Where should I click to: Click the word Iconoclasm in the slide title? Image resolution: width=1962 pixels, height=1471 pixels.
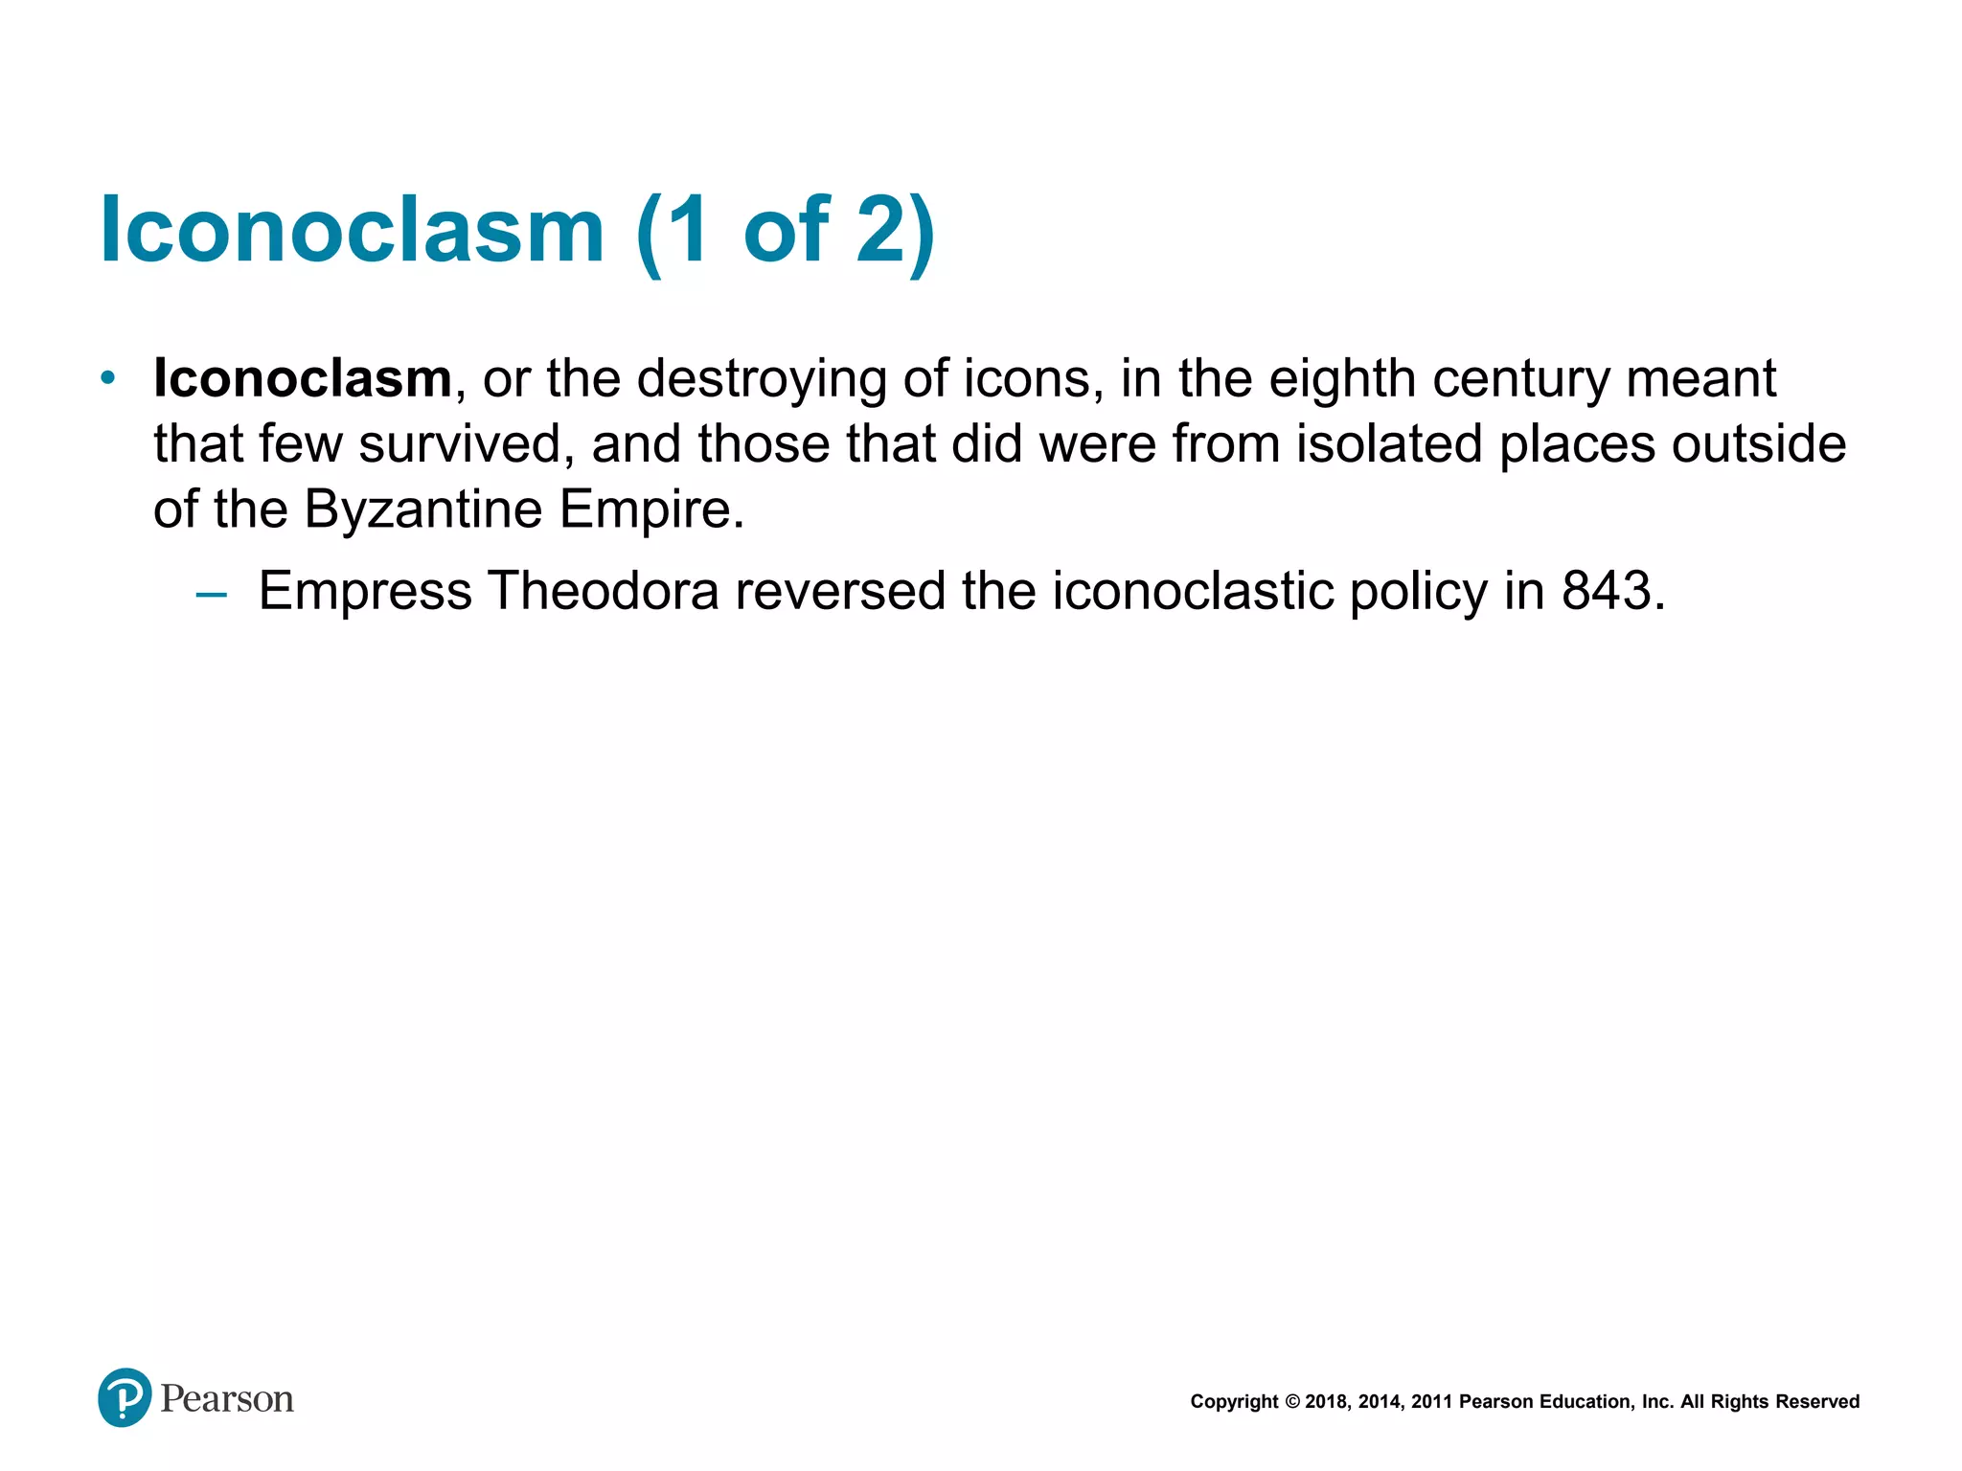(352, 230)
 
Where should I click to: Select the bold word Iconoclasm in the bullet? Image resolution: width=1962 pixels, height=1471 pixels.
(302, 378)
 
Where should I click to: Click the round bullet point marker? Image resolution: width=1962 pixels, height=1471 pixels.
(108, 377)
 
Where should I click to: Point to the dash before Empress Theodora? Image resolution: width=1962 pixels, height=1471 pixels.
(211, 595)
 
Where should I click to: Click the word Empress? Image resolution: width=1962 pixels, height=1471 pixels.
(365, 591)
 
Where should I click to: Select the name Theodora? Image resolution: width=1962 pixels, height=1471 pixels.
(604, 591)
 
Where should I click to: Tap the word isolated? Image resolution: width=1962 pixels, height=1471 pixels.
(1389, 443)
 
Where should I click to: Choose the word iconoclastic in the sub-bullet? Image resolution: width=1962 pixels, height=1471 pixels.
(1193, 591)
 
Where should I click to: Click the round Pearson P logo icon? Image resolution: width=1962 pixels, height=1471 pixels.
(125, 1398)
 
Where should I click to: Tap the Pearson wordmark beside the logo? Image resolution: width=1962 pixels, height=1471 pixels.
(227, 1399)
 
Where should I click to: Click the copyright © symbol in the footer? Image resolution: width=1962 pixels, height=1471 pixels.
(1291, 1402)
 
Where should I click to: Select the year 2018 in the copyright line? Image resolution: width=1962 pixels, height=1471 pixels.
(1326, 1402)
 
